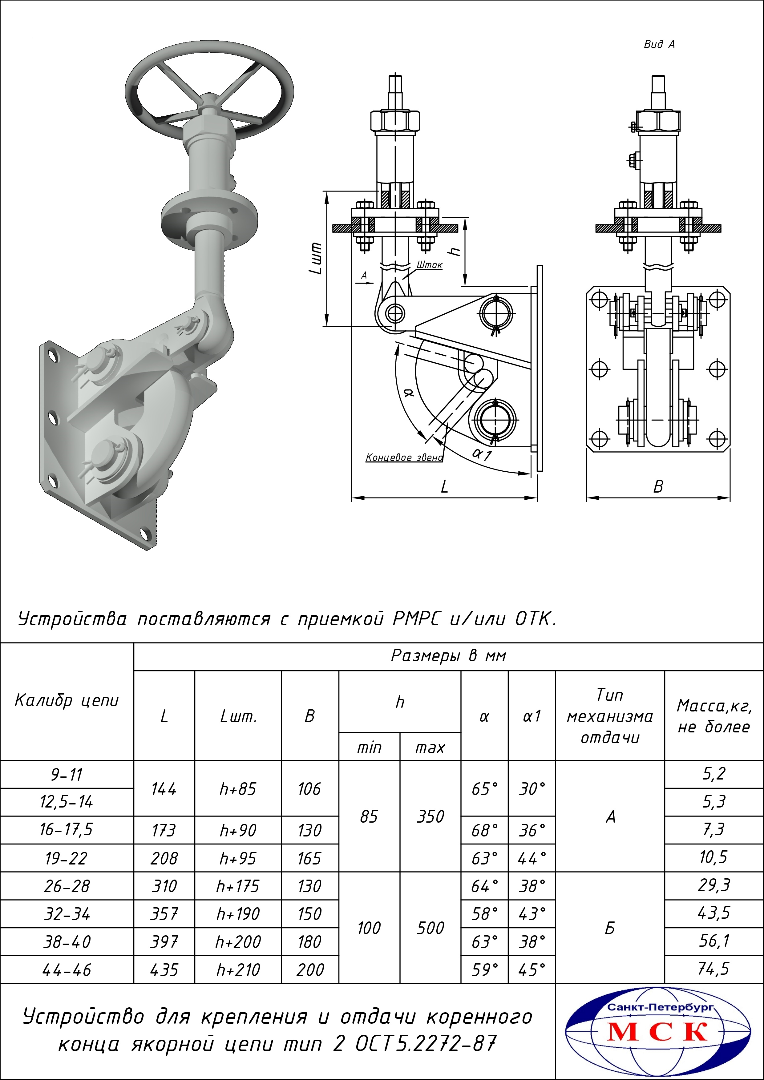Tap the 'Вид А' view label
[x=659, y=44]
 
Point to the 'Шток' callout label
[x=429, y=265]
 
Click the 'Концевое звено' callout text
[x=404, y=457]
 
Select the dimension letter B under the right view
[x=658, y=487]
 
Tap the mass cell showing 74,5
[x=714, y=969]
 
